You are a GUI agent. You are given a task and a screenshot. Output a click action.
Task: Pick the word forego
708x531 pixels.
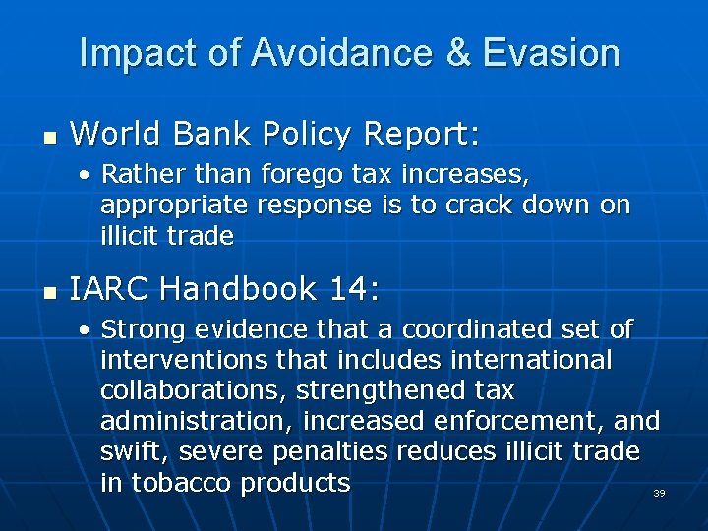(303, 175)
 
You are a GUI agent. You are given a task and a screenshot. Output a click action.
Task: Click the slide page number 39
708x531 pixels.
(659, 493)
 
